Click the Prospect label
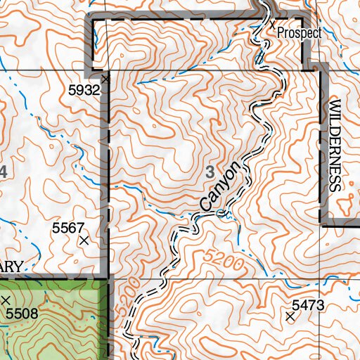pos(299,33)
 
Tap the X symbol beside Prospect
pos(273,23)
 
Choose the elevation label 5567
pos(67,228)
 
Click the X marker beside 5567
pos(84,240)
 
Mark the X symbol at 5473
pos(290,317)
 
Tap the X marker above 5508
pos(6,300)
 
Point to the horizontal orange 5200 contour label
pos(224,262)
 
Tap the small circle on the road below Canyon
pos(222,213)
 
